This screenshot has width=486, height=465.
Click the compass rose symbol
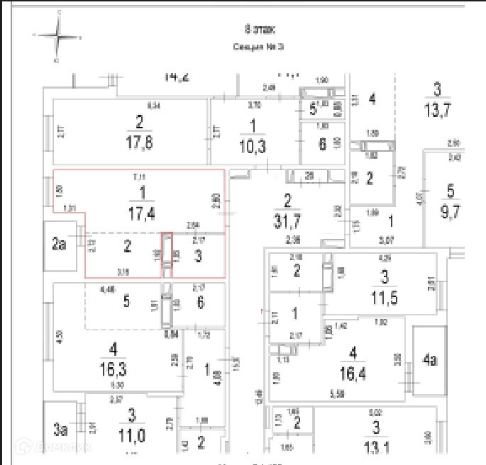click(58, 38)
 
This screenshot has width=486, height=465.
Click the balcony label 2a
click(58, 246)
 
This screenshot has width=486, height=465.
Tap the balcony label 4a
click(429, 359)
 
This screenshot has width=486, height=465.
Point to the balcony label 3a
click(60, 428)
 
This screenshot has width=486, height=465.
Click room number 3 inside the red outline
click(198, 255)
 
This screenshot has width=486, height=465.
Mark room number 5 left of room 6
click(126, 301)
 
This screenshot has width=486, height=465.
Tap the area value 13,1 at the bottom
click(375, 445)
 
